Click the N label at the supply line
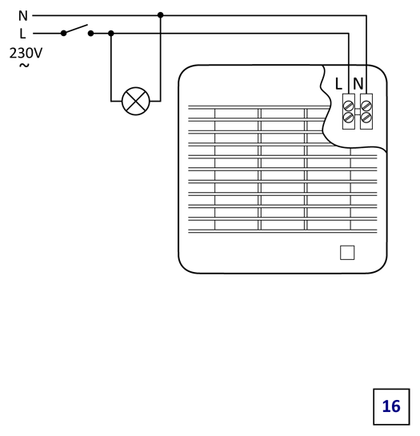tap(23, 16)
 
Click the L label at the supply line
tap(22, 34)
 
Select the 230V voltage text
tap(26, 53)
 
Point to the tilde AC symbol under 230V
tap(24, 66)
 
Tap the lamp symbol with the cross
tap(136, 101)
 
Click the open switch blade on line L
tap(76, 29)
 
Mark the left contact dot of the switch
tap(64, 34)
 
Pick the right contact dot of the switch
tap(90, 34)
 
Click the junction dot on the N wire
tap(161, 15)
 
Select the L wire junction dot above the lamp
tap(111, 34)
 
